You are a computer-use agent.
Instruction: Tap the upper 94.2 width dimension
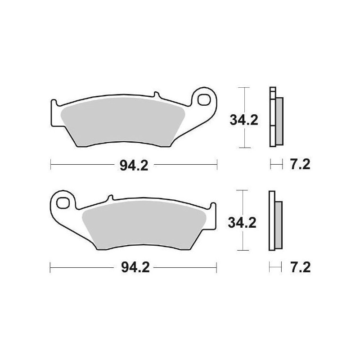134,165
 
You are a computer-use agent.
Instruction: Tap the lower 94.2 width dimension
134,268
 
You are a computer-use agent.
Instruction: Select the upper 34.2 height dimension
243,121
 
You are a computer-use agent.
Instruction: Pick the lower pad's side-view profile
274,221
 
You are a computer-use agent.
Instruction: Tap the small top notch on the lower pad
109,198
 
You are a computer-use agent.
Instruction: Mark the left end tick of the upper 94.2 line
51,165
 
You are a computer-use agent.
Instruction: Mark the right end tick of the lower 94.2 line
217,268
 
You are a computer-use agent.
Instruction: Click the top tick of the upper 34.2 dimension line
243,88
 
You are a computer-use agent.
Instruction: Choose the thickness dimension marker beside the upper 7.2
274,165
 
